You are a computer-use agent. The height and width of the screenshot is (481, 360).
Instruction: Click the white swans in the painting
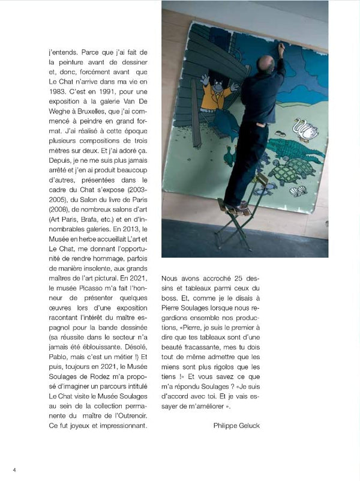[304, 129]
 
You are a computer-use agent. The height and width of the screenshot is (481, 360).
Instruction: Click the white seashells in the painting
[298, 191]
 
